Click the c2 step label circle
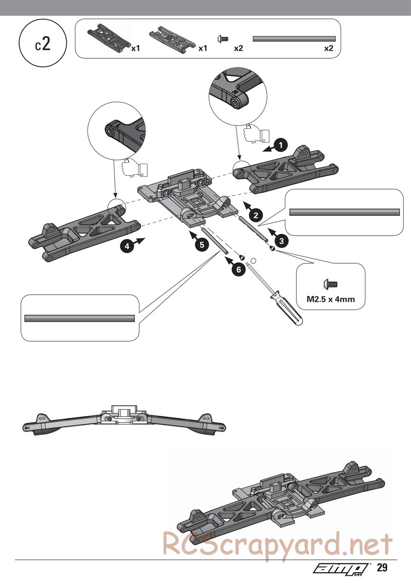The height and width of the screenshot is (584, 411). (x=43, y=44)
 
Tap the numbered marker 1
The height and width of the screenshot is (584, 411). (x=281, y=145)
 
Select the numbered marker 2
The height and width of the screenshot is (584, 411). (x=256, y=214)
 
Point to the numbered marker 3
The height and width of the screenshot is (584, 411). (x=282, y=241)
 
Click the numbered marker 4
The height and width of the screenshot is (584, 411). (x=127, y=246)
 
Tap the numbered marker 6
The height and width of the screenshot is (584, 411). (x=238, y=269)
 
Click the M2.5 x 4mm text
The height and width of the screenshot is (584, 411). (x=330, y=299)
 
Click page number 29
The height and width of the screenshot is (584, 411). (x=382, y=568)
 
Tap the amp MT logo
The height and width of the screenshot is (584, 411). (x=341, y=568)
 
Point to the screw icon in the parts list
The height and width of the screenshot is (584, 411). (x=222, y=39)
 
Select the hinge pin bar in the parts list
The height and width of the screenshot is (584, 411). (x=294, y=39)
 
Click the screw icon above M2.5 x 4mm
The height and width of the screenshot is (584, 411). (x=330, y=284)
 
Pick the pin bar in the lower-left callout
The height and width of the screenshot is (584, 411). (x=80, y=318)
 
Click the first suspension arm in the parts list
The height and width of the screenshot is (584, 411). (x=108, y=38)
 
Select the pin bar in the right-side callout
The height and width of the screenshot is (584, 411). (x=344, y=212)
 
